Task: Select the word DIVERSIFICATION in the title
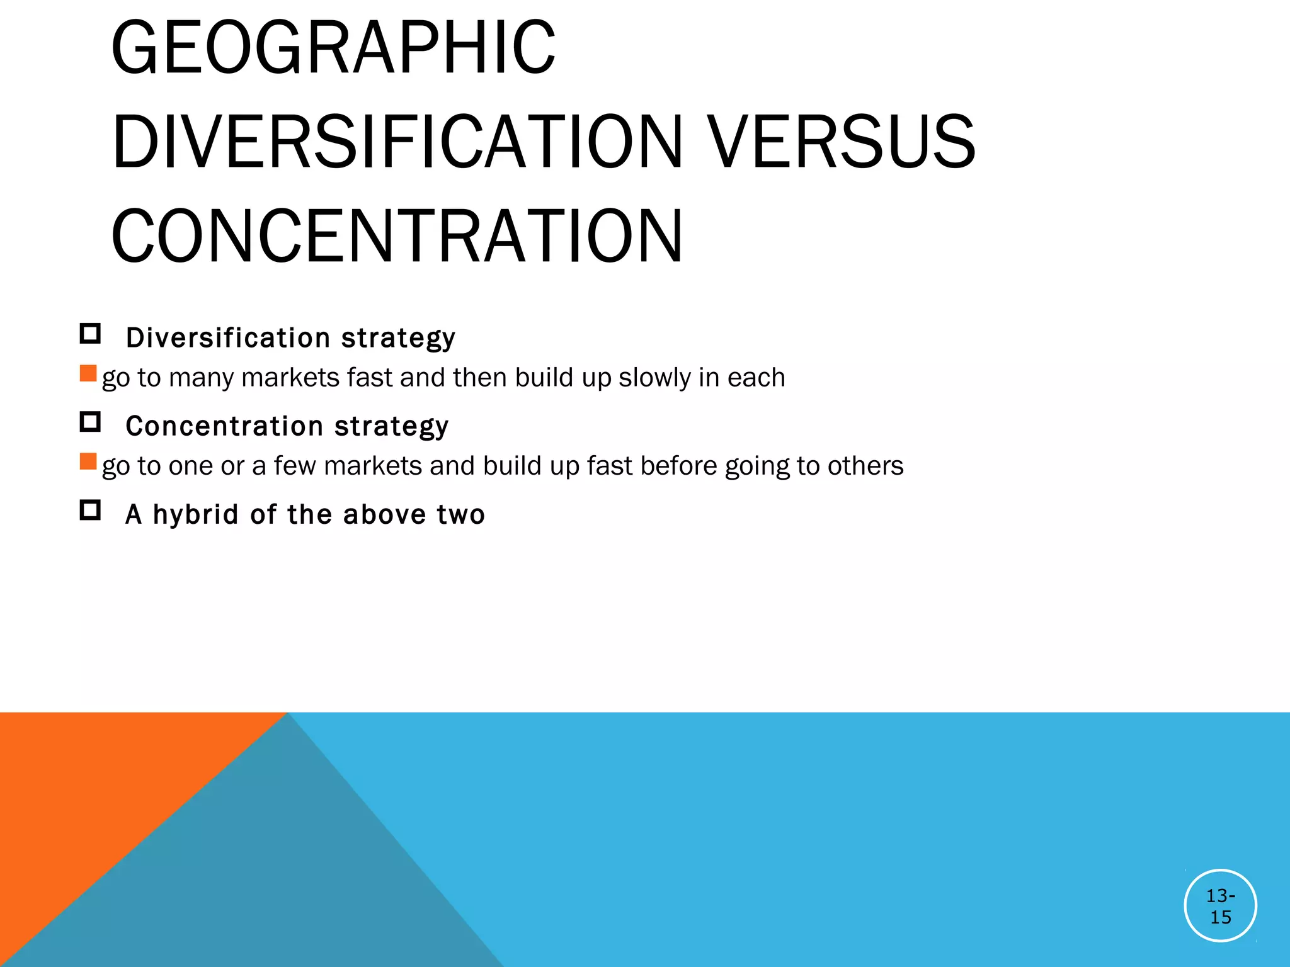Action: tap(397, 142)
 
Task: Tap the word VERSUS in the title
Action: tap(842, 142)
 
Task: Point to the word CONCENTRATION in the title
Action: tap(397, 237)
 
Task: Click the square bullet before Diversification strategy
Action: tap(90, 334)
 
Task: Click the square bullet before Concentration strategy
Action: tap(90, 422)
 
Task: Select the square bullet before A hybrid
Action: tap(90, 510)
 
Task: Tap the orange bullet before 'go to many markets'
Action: tap(88, 373)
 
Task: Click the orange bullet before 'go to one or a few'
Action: tap(88, 461)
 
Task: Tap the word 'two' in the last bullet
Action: tap(460, 515)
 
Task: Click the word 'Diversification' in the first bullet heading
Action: tap(228, 338)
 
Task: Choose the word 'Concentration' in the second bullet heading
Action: tap(225, 426)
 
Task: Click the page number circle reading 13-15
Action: tap(1220, 905)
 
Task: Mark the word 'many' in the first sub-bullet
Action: tap(201, 378)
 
